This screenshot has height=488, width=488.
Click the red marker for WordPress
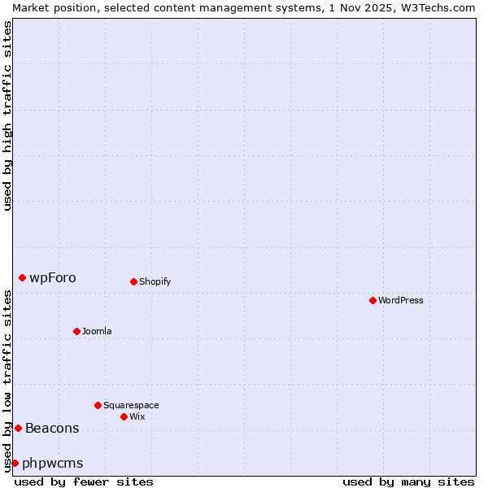(373, 300)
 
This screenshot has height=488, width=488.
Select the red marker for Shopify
(133, 281)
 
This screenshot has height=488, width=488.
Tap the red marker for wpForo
(22, 277)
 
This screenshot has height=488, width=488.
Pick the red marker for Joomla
(76, 331)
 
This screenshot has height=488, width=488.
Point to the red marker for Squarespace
(98, 405)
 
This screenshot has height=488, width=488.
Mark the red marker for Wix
(124, 416)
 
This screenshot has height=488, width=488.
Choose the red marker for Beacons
(18, 428)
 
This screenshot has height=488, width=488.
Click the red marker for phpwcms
(15, 463)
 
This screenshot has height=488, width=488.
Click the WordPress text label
(400, 300)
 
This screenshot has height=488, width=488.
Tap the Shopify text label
(155, 281)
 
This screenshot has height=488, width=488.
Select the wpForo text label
(53, 277)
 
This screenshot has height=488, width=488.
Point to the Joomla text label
(97, 331)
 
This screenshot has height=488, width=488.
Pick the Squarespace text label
(131, 405)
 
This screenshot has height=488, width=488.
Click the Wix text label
(137, 416)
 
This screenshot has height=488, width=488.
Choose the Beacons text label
(52, 428)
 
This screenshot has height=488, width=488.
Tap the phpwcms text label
(52, 463)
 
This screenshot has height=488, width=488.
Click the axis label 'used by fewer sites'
(84, 481)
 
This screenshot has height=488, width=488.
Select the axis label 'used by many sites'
(408, 481)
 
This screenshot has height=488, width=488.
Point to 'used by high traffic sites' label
(7, 115)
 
